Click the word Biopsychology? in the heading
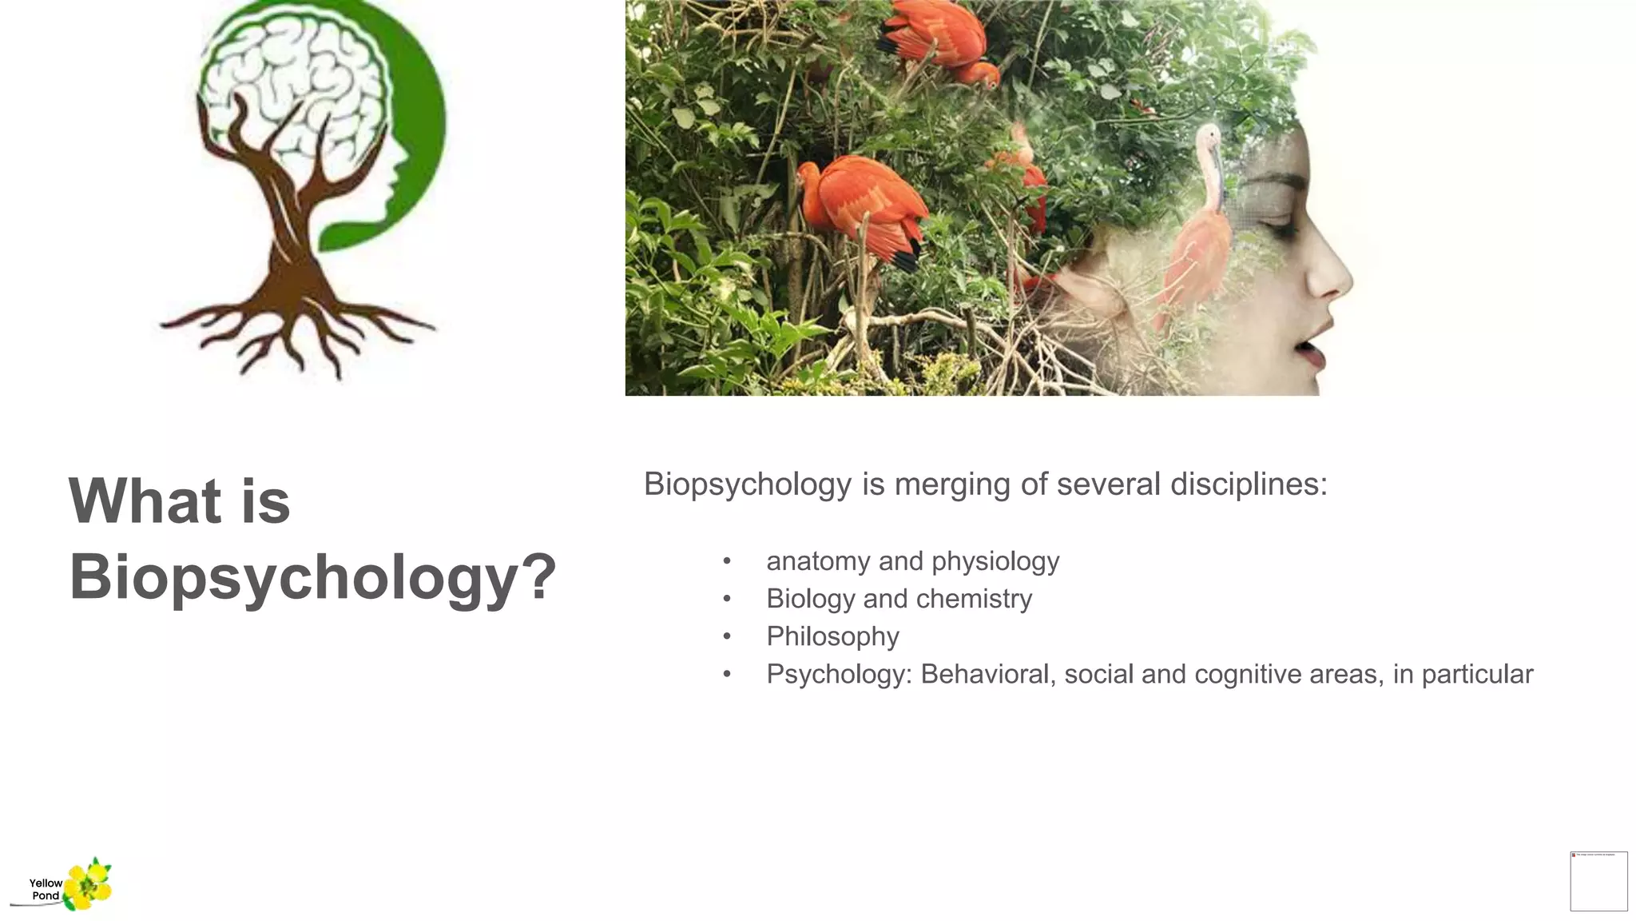tap(312, 577)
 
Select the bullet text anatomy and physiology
tap(912, 561)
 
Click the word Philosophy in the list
tap(832, 636)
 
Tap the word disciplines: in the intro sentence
tap(1249, 484)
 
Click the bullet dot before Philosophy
tap(727, 636)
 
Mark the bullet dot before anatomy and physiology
tap(727, 561)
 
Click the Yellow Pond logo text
tap(46, 889)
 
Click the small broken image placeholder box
tap(1598, 881)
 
